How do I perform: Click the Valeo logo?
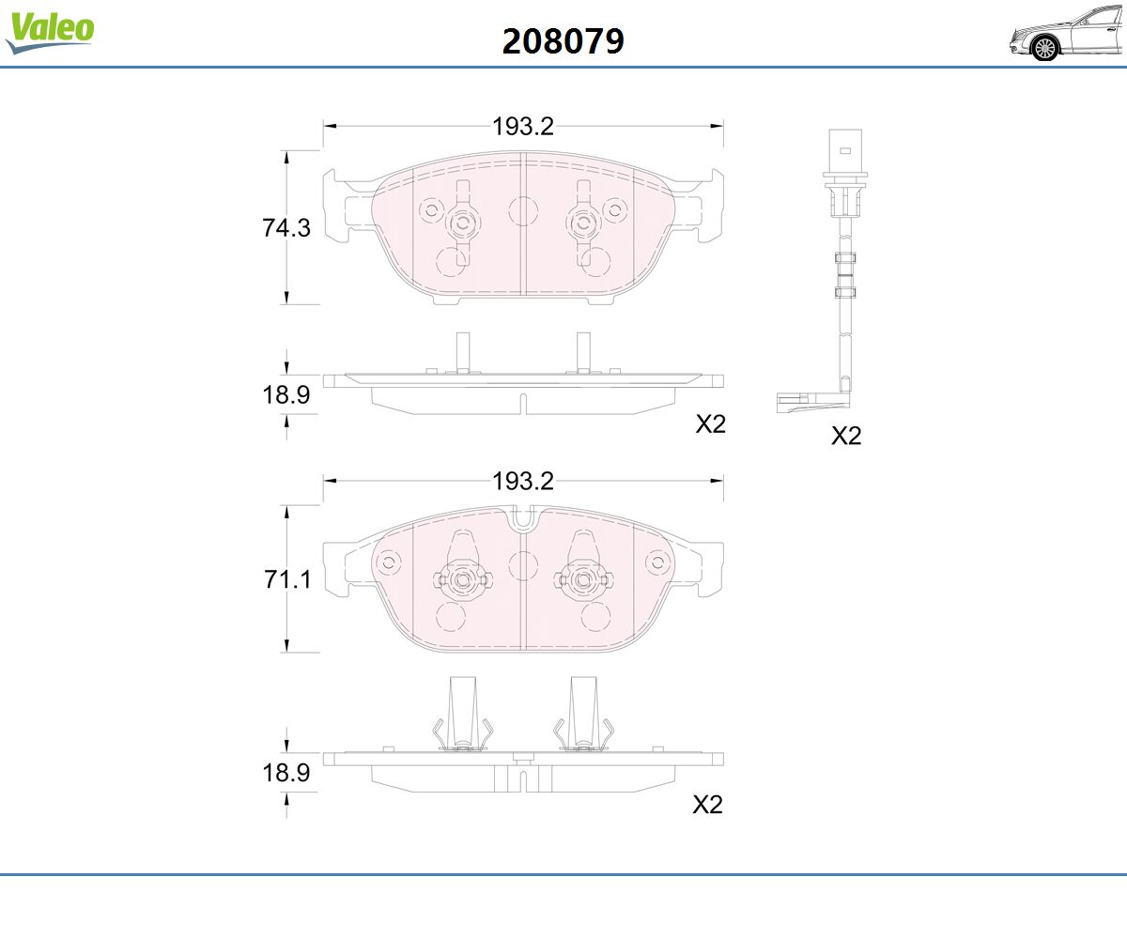click(50, 32)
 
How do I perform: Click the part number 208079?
click(563, 41)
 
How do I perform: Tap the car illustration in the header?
click(1067, 34)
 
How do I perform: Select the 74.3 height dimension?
click(286, 228)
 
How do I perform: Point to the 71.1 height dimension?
click(287, 579)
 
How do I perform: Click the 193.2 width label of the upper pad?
click(522, 126)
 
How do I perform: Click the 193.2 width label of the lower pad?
click(522, 481)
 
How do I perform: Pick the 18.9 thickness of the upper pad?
click(286, 394)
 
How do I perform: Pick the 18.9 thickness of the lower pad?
click(286, 773)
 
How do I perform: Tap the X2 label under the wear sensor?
click(846, 436)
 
